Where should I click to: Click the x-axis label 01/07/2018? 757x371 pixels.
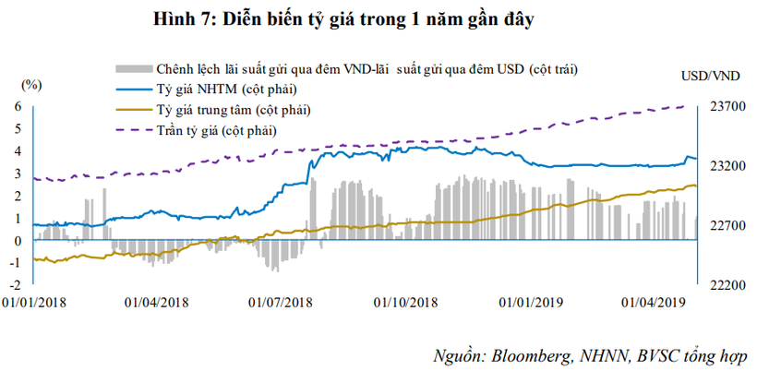281,302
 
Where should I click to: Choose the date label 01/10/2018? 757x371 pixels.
405,302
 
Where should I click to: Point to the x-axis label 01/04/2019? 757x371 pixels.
652,302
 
